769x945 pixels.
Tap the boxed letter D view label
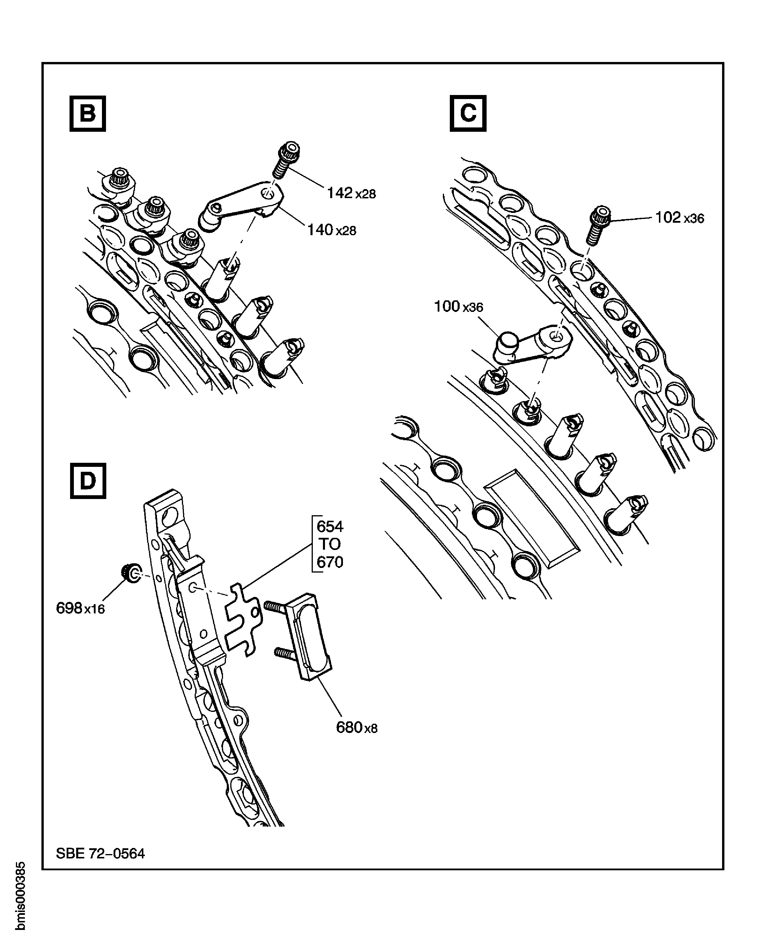coord(88,481)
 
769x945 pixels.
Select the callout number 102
coord(668,217)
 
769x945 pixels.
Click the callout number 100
coord(447,306)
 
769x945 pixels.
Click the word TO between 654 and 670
coord(330,544)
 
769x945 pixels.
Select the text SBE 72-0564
coord(100,853)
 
